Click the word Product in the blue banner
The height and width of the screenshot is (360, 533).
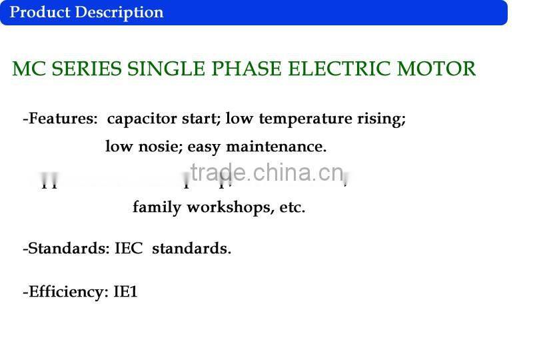39,12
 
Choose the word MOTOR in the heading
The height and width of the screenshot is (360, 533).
436,69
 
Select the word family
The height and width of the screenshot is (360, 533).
157,207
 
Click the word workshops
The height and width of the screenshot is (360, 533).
229,207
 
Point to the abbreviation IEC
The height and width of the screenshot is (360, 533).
129,249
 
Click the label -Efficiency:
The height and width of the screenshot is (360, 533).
65,291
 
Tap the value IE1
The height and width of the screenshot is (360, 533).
125,291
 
